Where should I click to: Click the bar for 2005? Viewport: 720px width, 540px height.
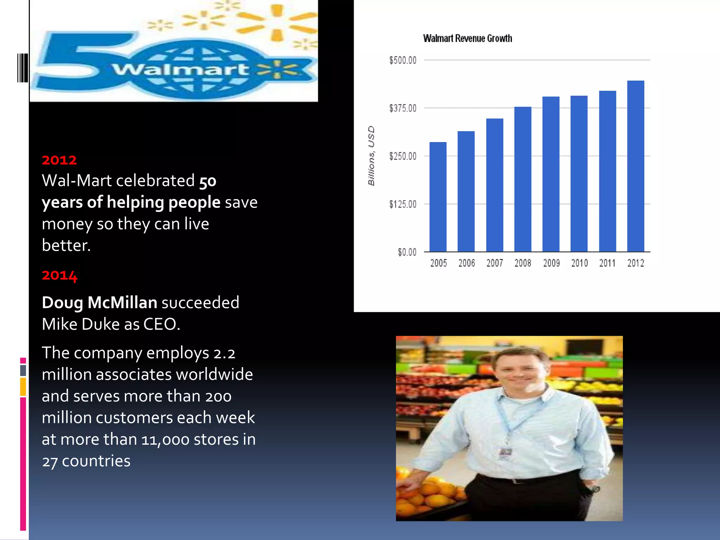tap(438, 197)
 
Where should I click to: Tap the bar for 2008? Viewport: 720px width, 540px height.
tap(523, 179)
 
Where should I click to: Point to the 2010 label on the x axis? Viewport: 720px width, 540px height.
tap(579, 263)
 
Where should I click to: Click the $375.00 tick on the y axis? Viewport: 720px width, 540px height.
tap(403, 108)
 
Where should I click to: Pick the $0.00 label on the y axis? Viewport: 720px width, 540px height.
tap(407, 252)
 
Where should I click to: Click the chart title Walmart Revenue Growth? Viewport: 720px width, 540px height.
tap(467, 38)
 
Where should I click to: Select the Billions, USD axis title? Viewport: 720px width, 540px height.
tap(371, 155)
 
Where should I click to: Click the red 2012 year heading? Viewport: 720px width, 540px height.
tap(59, 160)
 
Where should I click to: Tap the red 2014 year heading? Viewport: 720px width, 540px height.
tap(59, 275)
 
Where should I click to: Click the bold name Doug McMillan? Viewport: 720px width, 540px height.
tap(99, 303)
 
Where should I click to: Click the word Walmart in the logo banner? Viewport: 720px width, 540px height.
tap(180, 69)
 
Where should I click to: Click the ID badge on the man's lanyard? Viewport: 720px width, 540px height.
tap(505, 452)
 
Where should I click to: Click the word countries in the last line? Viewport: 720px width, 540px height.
tap(96, 461)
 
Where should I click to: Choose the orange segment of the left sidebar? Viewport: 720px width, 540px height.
tap(23, 387)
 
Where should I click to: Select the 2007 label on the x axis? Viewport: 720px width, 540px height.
tap(495, 263)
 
